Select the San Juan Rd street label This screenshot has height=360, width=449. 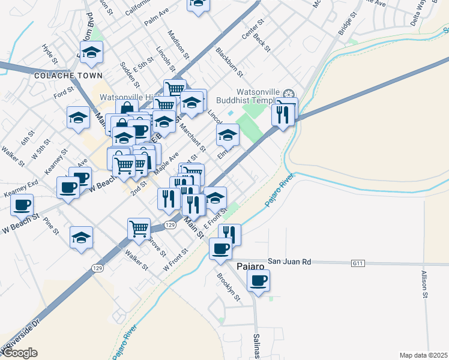click(x=289, y=262)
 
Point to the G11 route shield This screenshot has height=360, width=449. click(x=358, y=263)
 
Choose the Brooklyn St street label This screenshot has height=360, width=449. click(x=228, y=287)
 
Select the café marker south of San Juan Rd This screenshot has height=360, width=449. click(x=258, y=280)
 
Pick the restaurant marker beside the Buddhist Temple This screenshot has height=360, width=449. click(x=283, y=114)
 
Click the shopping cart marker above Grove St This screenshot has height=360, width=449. click(x=139, y=228)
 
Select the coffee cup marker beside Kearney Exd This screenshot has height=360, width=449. click(x=22, y=205)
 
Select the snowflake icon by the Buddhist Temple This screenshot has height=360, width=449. click(x=289, y=94)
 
